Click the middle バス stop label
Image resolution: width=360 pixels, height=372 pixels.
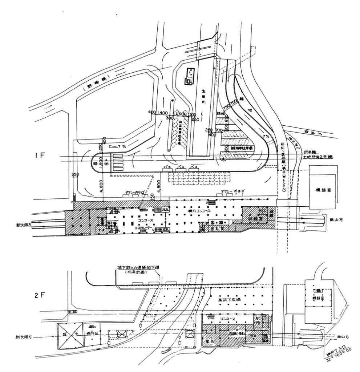(180, 167)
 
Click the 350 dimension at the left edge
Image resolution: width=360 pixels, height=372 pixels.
(75, 175)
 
